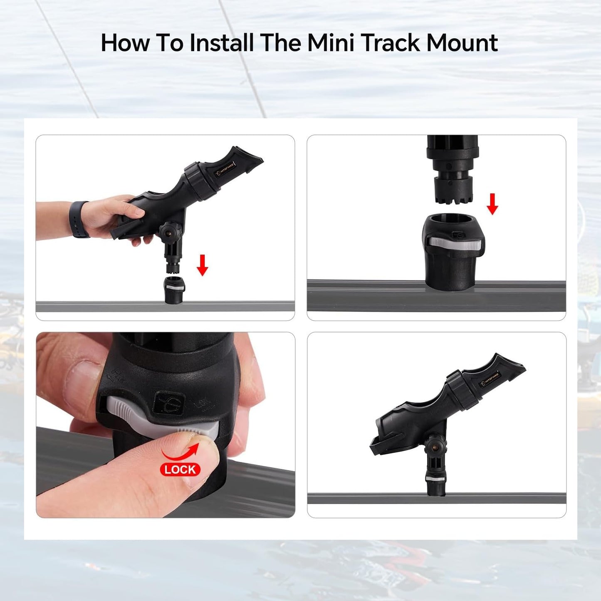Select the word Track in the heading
(390, 43)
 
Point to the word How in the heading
(125, 43)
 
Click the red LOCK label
(180, 470)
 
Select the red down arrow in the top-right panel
(492, 204)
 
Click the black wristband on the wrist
(80, 219)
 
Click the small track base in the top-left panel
(175, 290)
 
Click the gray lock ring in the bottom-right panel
(435, 479)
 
